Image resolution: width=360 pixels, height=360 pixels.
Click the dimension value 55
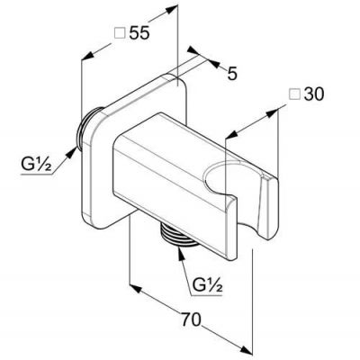click(139, 32)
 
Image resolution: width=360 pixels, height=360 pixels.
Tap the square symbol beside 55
click(120, 32)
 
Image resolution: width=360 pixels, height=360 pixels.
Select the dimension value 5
click(232, 74)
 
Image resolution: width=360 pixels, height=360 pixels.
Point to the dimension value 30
click(314, 94)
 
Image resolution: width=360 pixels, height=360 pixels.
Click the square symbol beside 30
click(294, 94)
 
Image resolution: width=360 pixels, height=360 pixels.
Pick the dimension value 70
click(191, 319)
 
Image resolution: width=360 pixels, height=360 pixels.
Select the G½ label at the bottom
click(207, 285)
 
